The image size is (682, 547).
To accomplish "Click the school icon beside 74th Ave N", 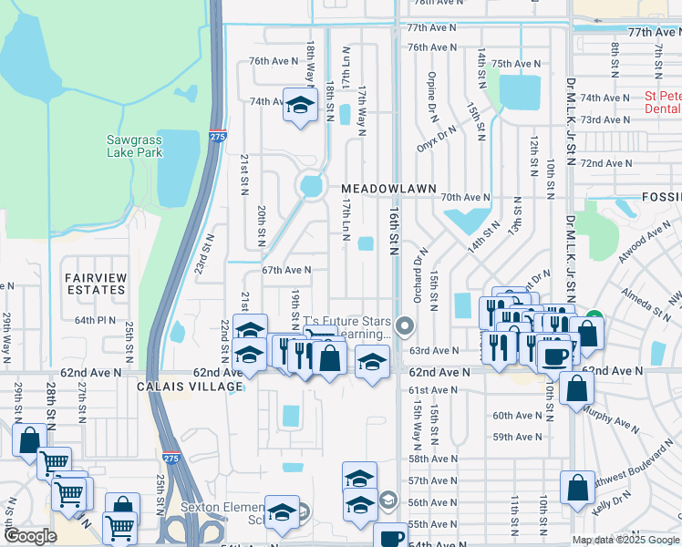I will point(299,106).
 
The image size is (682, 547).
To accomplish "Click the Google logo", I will point(30,536).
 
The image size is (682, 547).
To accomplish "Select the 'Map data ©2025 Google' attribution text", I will point(625,540).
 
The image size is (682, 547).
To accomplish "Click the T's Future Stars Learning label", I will point(346,327).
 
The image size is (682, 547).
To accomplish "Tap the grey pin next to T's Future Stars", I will point(406,325).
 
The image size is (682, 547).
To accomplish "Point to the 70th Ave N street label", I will point(465,197).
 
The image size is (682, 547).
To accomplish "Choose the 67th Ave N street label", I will point(286,270).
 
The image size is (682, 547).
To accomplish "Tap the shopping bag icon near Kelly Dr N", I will point(577,488).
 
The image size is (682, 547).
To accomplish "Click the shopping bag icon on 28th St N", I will point(29,440).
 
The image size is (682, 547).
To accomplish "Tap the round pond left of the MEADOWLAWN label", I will point(312,187).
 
